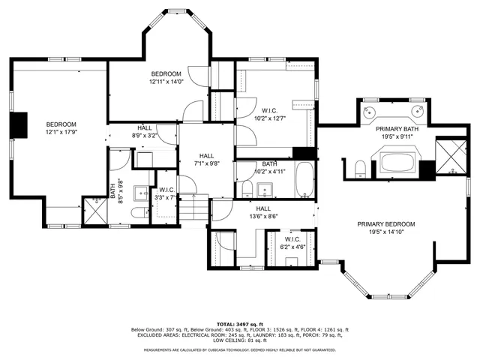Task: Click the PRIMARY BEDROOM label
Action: pos(385,224)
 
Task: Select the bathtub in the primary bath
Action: pos(398,162)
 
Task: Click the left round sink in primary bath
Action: pos(370,112)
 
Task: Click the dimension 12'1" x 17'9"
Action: pos(61,132)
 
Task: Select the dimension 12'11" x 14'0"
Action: pos(166,81)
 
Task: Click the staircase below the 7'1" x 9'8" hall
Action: pos(197,206)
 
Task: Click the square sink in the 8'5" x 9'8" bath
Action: pos(140,193)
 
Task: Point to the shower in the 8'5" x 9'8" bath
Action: pos(94,210)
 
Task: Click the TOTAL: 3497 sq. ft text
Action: pos(240,323)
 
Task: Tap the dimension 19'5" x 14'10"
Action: pos(385,232)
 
